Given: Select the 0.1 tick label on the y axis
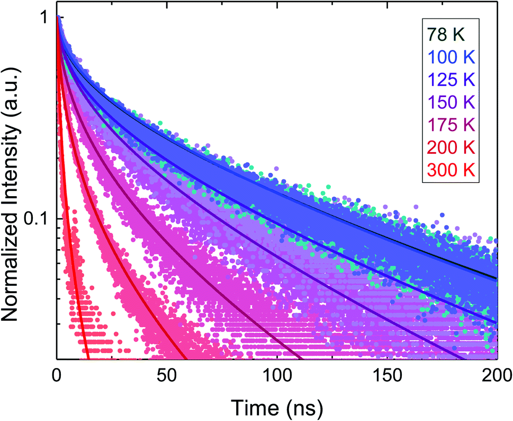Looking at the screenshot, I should tap(38, 218).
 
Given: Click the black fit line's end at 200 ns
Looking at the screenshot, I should tap(497, 278).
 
